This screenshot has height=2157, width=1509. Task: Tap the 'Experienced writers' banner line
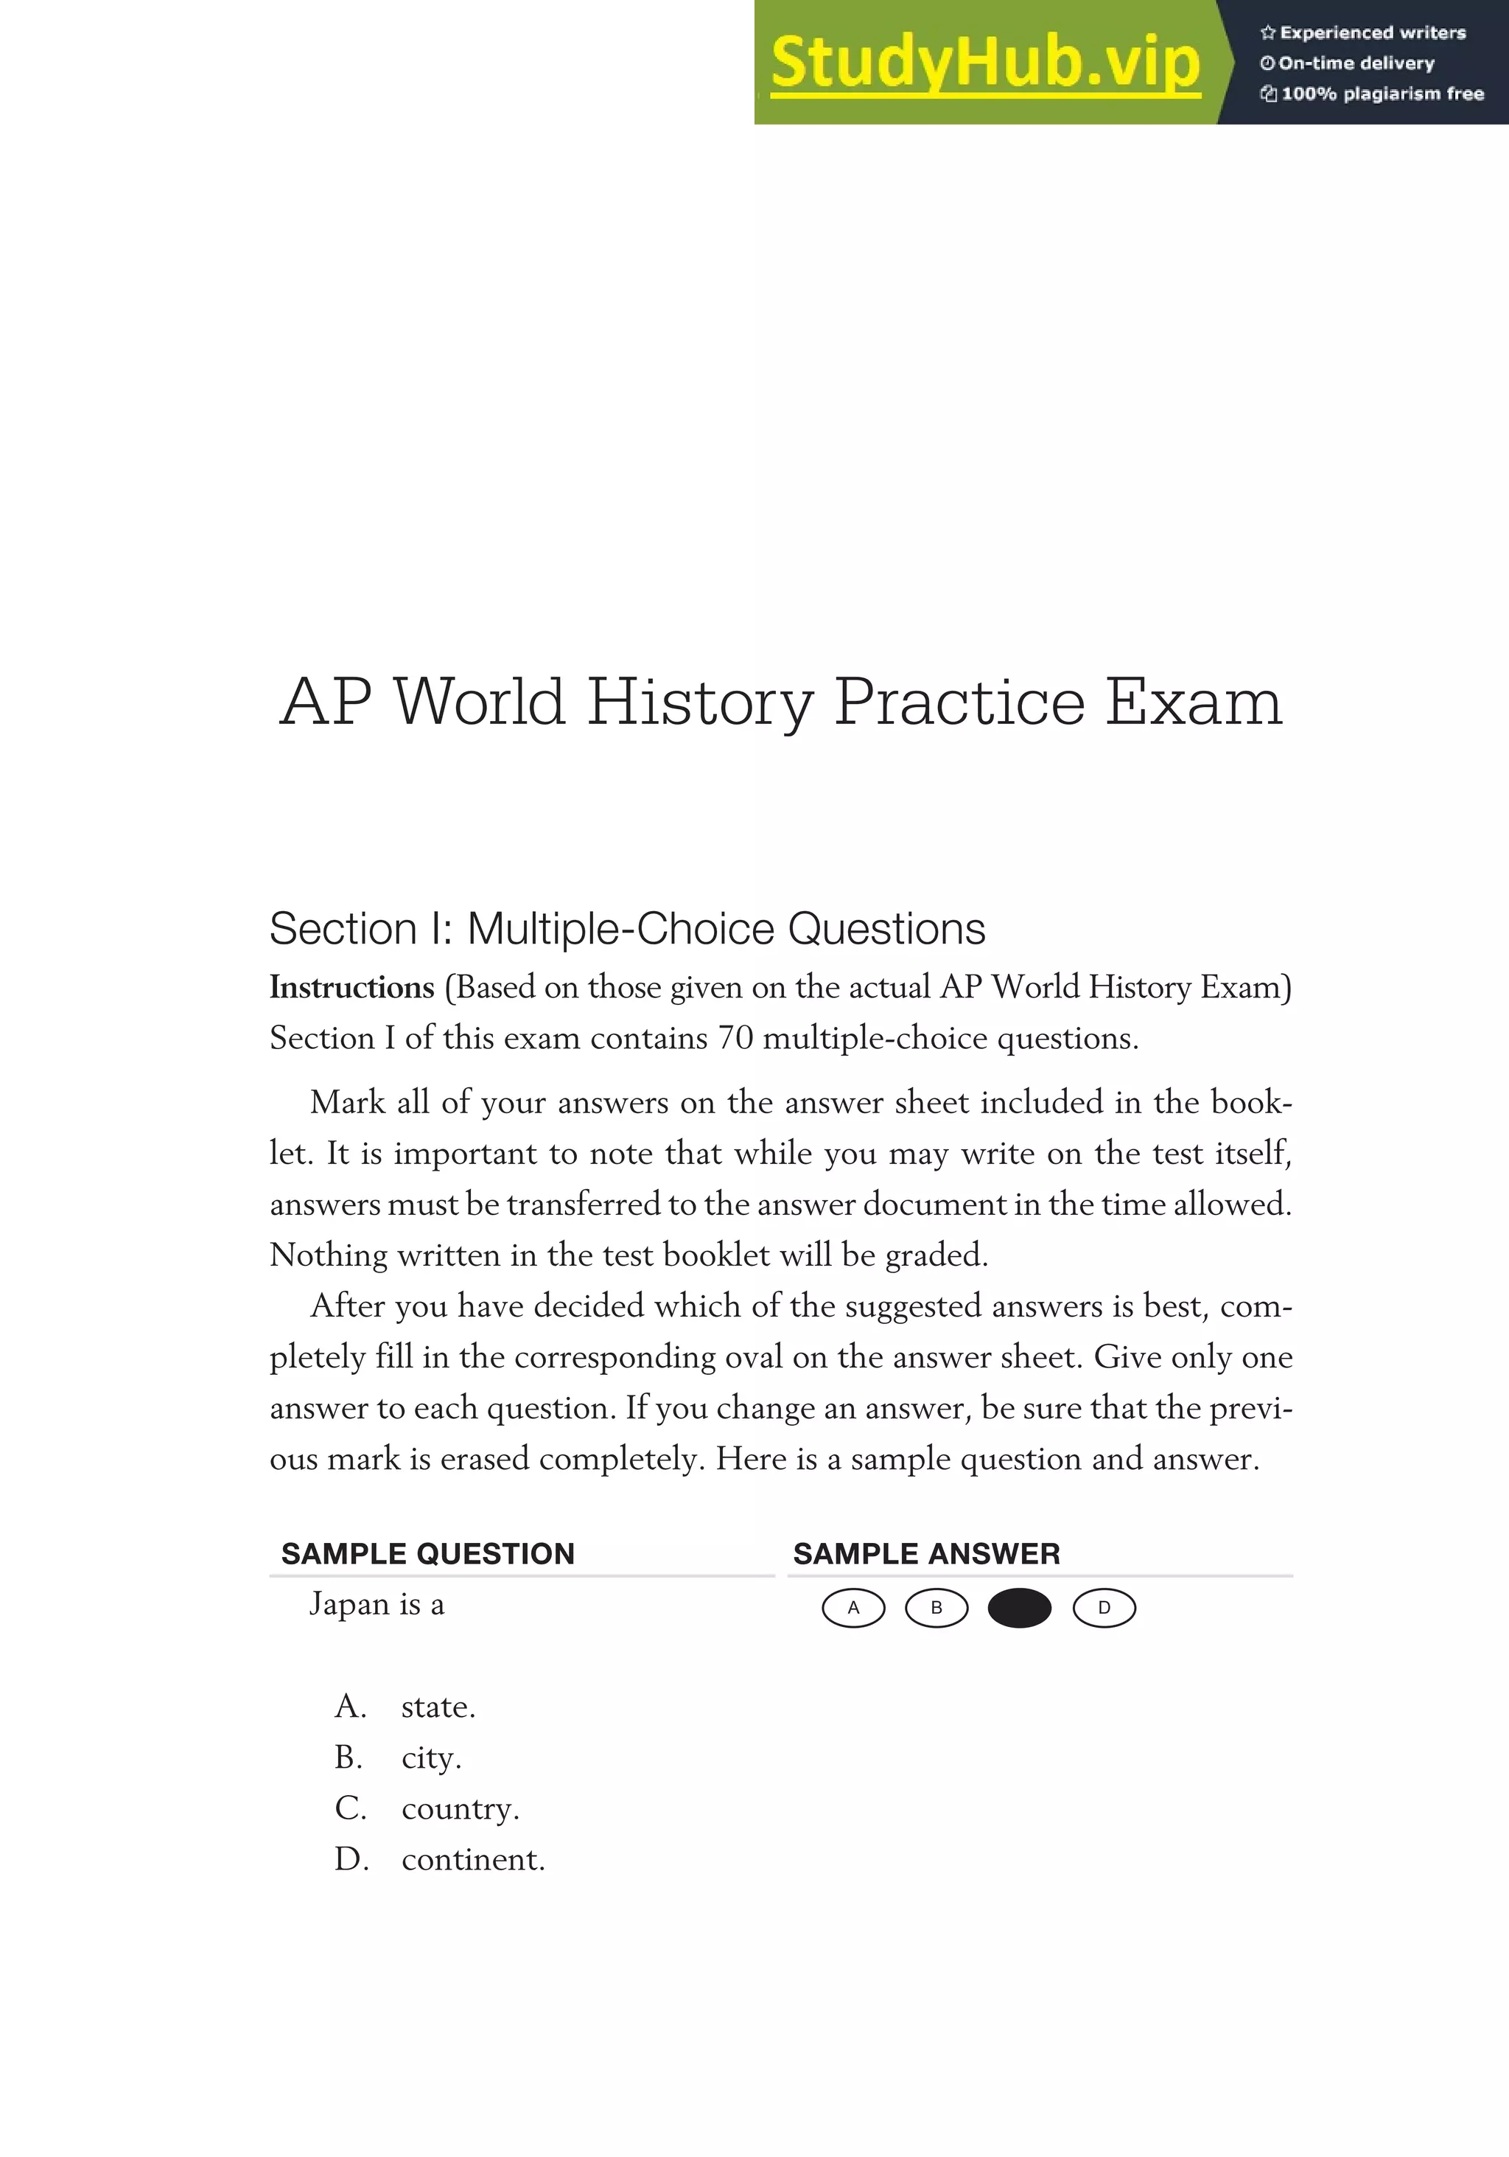(x=1363, y=33)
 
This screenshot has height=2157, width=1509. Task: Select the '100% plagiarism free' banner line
(x=1372, y=94)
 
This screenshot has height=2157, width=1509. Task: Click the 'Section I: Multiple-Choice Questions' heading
(x=627, y=929)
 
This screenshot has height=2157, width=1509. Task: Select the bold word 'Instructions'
(x=352, y=987)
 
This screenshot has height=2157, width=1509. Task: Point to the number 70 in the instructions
(x=735, y=1038)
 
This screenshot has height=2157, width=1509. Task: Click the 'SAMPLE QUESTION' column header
(x=428, y=1554)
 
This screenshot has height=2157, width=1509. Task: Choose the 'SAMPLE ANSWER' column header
(x=927, y=1554)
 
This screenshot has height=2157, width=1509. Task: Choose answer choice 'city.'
(x=431, y=1757)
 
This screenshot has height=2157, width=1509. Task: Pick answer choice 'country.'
(x=460, y=1808)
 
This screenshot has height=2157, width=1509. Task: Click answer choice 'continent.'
(x=473, y=1859)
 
